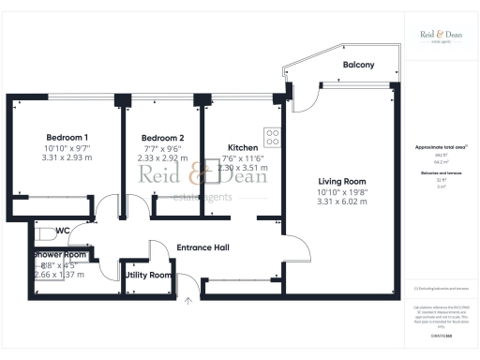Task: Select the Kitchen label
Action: tap(244, 146)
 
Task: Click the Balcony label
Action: tap(358, 65)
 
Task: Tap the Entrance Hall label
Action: tap(203, 247)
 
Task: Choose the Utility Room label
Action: tap(148, 275)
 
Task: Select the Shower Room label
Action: tap(61, 254)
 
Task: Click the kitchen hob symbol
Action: tap(273, 137)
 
